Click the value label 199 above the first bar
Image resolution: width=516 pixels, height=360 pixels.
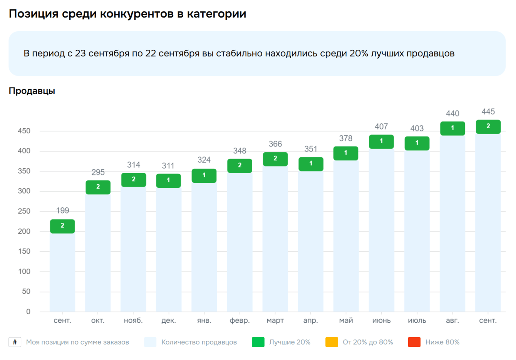pos(62,210)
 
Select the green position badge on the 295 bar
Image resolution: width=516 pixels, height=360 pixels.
pos(98,187)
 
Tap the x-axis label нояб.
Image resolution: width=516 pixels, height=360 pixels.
pos(133,320)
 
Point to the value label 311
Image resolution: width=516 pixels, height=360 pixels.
pos(168,166)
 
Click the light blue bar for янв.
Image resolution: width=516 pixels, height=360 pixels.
pos(204,247)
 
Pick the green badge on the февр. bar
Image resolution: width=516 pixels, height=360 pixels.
pos(240,165)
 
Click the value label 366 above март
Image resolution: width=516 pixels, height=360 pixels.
pos(275,144)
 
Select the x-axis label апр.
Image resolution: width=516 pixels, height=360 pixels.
pos(311,320)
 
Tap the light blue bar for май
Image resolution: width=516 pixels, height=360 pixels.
pos(346,235)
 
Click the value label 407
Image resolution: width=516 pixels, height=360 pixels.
pos(381,126)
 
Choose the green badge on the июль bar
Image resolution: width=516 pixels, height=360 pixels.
pos(417,143)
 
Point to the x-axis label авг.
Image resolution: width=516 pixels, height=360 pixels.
pos(452,320)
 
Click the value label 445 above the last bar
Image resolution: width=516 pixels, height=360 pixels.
pos(488,112)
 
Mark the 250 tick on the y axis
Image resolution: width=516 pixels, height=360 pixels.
pos(24,211)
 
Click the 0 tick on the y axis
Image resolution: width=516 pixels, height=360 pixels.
pos(28,311)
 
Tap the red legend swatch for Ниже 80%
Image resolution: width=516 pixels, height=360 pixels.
pos(414,342)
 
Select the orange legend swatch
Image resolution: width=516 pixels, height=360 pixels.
pos(332,342)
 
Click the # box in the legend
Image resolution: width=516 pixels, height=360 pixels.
pos(15,342)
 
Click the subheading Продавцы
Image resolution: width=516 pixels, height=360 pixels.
pos(32,91)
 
